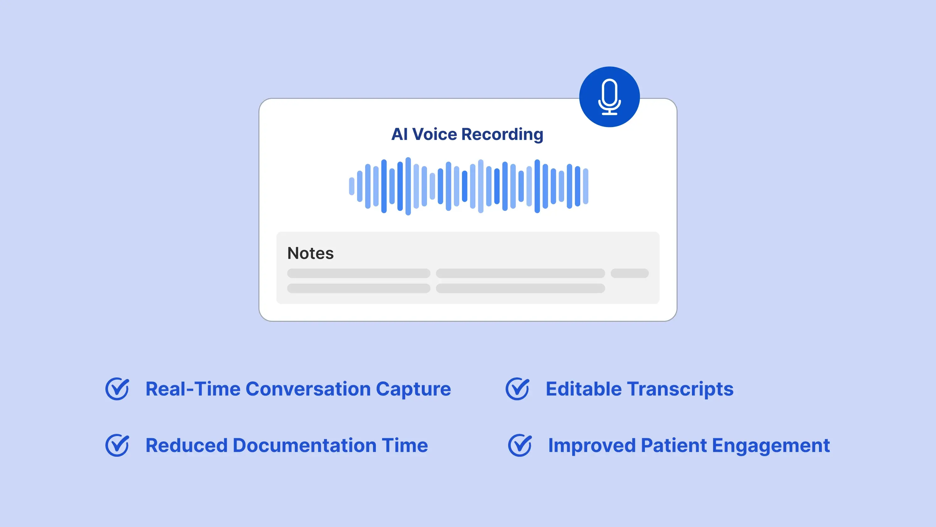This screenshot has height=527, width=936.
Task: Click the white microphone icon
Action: point(609,97)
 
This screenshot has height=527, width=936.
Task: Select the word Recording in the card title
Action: point(503,135)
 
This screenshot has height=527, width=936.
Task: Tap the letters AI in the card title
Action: point(399,134)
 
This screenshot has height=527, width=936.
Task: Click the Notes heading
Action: point(310,253)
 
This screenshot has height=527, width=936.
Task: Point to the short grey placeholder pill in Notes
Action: point(629,273)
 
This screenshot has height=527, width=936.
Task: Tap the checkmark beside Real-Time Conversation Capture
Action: point(117,389)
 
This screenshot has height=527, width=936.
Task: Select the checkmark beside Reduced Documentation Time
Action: point(117,445)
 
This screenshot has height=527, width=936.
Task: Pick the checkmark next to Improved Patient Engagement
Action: point(519,445)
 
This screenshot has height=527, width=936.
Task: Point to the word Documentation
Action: point(305,445)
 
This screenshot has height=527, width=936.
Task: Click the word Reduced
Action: point(186,445)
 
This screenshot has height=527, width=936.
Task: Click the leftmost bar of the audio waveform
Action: point(351,186)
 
